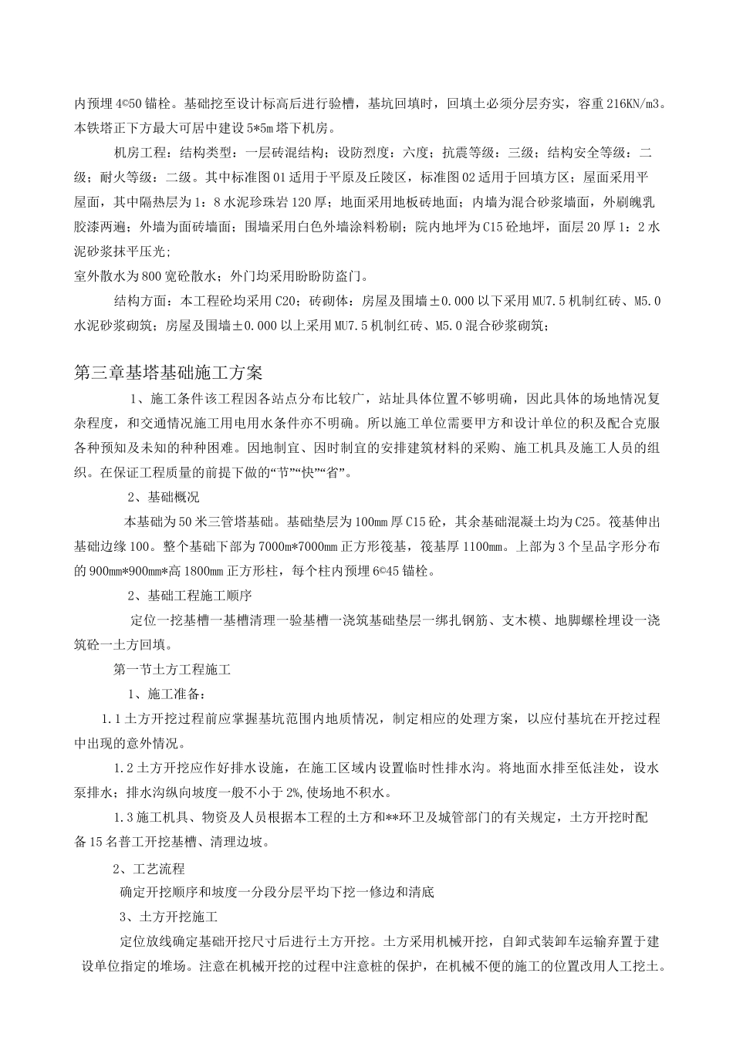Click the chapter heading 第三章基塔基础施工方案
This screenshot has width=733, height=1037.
[x=168, y=372]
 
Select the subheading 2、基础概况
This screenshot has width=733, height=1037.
[x=163, y=497]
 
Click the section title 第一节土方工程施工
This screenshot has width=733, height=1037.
[x=171, y=670]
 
